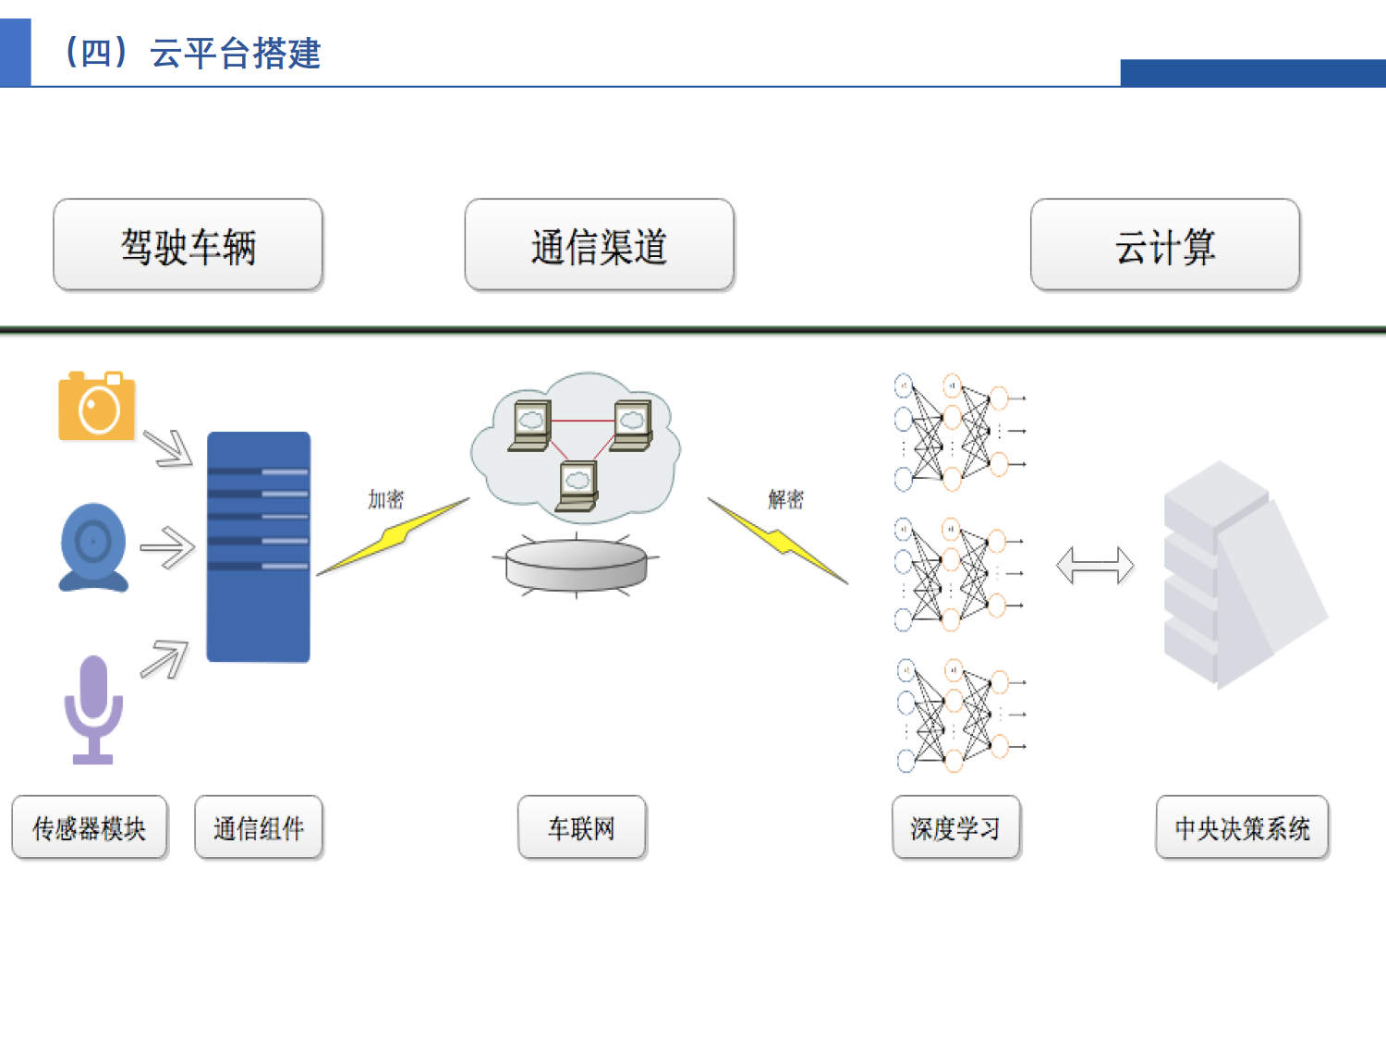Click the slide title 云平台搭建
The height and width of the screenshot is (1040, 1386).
click(191, 53)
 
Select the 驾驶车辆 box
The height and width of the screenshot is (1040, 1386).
click(188, 246)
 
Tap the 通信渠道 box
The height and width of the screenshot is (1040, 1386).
click(599, 246)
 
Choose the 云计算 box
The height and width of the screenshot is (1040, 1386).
click(1164, 246)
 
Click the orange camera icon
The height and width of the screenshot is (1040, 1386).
click(97, 406)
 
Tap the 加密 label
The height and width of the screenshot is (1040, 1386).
click(385, 499)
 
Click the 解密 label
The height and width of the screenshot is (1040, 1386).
click(785, 499)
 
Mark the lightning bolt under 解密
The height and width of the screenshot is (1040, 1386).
click(778, 540)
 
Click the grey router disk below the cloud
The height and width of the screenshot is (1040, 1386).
click(577, 564)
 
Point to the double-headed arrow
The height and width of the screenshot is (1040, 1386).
click(1095, 565)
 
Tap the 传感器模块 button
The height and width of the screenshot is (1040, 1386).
click(90, 828)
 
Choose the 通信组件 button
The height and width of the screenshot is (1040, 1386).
click(259, 828)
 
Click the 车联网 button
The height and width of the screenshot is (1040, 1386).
click(581, 828)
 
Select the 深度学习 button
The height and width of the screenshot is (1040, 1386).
click(955, 828)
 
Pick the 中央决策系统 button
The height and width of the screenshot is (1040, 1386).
click(1242, 828)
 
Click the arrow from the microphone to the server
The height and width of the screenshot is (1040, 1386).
click(165, 659)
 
